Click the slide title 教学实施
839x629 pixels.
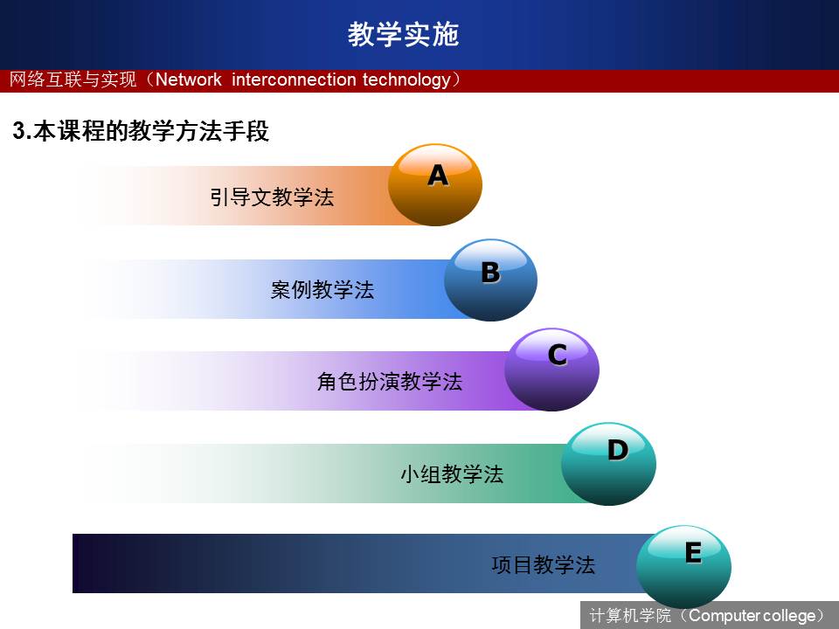[404, 34]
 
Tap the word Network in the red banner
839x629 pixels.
[189, 79]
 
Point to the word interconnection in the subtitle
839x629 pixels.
[294, 79]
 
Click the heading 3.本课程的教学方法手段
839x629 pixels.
[141, 131]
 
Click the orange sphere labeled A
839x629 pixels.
[435, 185]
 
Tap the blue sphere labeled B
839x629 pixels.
[490, 280]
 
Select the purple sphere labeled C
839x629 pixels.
[551, 370]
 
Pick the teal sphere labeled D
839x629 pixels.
[608, 464]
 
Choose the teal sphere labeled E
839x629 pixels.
[683, 566]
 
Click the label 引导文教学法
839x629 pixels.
[272, 197]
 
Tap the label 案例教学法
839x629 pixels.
[322, 289]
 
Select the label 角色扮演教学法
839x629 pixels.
[390, 382]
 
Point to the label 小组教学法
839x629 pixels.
[452, 473]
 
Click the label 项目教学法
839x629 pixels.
[543, 565]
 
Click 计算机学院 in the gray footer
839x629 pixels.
[630, 615]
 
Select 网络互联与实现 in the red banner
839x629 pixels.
[73, 79]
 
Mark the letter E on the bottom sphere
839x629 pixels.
[693, 552]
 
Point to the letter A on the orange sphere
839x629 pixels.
[438, 175]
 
